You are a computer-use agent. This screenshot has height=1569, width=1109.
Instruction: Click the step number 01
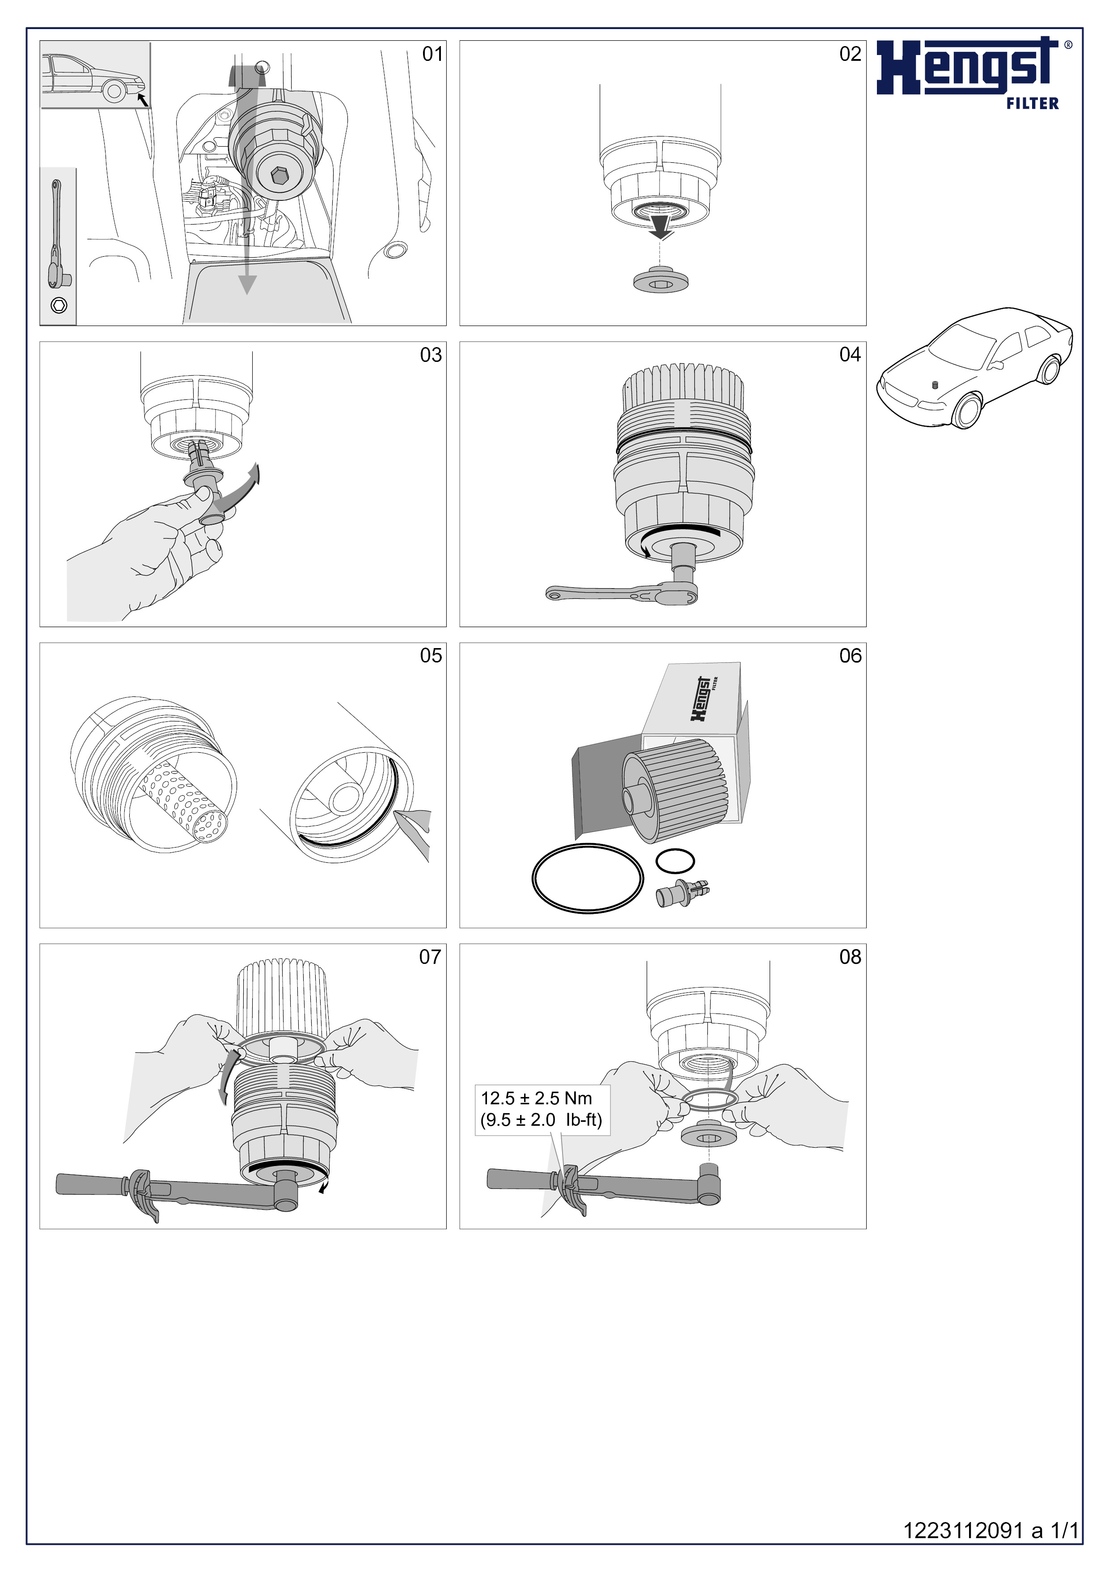point(432,54)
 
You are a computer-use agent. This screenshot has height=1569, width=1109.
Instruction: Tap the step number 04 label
point(850,355)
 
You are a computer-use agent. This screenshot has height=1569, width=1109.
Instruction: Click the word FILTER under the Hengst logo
point(1033,103)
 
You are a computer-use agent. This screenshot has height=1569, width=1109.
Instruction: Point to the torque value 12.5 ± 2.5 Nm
point(537,1098)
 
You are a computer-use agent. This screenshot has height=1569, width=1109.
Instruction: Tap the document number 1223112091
point(964,1530)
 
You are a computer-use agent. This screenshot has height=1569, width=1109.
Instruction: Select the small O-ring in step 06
point(675,861)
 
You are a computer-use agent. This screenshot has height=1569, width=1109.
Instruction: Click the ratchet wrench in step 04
point(622,593)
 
